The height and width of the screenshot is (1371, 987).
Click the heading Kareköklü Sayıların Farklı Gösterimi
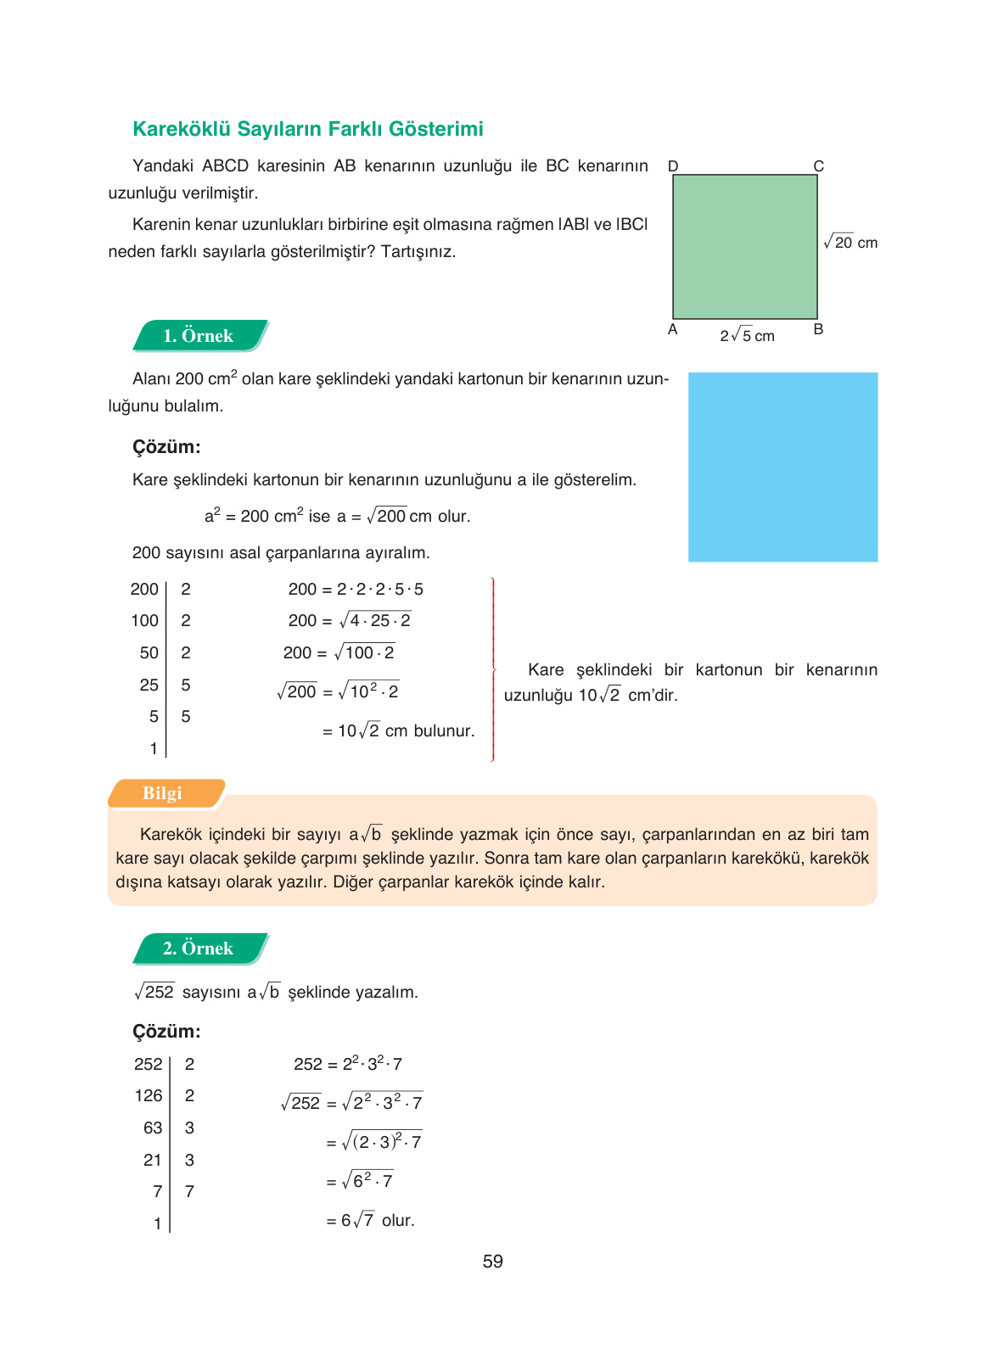(307, 129)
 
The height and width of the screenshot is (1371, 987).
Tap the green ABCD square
(744, 246)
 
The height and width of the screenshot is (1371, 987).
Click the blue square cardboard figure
(782, 467)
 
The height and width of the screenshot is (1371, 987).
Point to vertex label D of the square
(673, 166)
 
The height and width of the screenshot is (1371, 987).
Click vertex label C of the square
(818, 166)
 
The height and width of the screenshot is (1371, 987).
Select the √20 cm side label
(850, 243)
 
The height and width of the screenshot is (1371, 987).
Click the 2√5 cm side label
(747, 336)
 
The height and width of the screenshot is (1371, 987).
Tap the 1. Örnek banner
(199, 336)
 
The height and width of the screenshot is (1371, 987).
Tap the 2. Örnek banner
(199, 949)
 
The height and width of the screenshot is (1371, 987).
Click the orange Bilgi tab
(164, 793)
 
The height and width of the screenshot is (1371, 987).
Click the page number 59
(492, 1262)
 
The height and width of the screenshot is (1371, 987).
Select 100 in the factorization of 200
(144, 621)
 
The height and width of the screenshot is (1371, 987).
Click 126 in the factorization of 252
(149, 1096)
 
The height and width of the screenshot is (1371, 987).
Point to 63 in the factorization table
(153, 1128)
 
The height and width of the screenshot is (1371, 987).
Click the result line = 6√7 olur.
(370, 1221)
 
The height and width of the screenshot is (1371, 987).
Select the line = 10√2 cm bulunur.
(398, 731)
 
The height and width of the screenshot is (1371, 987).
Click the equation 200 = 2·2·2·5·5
(356, 590)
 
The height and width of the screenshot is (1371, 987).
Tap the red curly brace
(493, 669)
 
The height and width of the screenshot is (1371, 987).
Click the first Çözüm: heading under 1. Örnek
(166, 447)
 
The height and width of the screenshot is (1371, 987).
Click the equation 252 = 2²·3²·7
(348, 1064)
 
